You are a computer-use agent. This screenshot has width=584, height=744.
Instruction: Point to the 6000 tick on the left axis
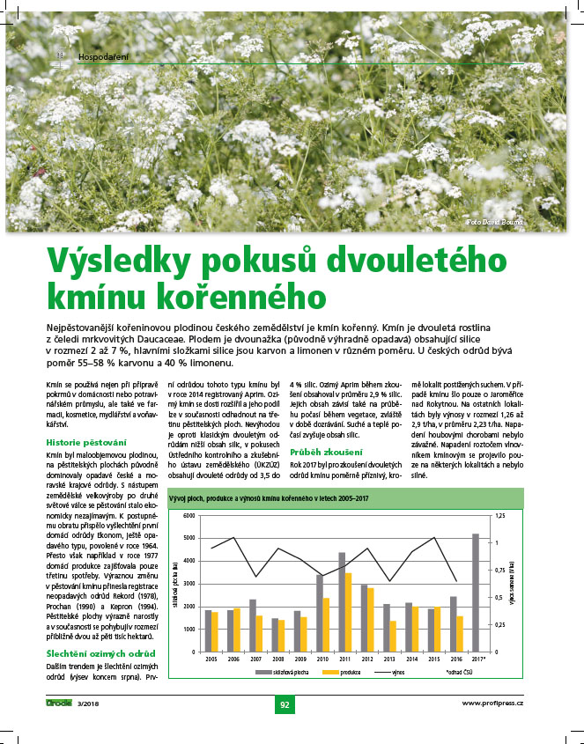point(187,515)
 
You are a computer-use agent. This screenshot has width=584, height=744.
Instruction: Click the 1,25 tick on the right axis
point(500,515)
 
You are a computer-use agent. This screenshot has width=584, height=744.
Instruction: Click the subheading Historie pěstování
point(86,441)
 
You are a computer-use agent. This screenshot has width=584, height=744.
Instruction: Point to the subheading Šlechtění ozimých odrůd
point(100,652)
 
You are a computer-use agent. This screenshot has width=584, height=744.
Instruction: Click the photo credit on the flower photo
point(494,222)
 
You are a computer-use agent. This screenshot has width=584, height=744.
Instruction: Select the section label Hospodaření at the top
point(104,57)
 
